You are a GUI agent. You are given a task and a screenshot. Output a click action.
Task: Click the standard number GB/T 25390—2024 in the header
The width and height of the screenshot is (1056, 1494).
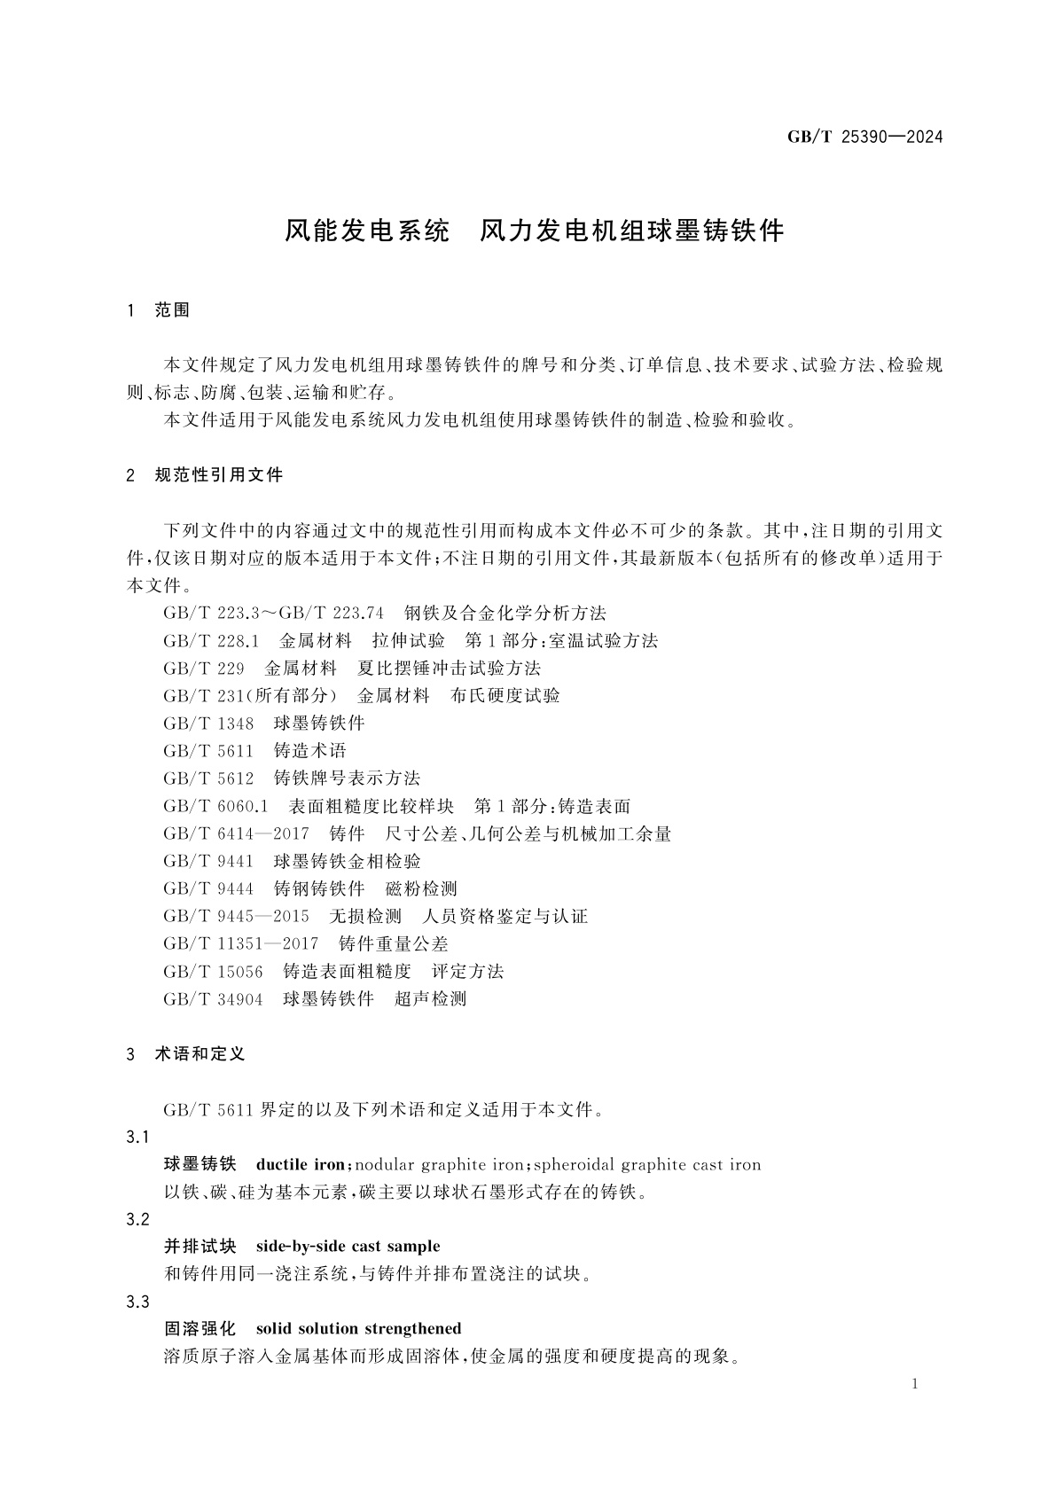click(x=864, y=137)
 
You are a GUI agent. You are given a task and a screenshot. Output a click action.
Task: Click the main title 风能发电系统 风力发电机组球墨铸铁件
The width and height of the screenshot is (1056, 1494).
click(x=535, y=231)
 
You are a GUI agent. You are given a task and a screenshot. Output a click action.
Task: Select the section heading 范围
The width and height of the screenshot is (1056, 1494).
click(x=173, y=310)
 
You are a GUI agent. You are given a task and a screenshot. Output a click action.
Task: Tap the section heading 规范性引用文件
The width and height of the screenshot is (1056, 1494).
click(x=218, y=475)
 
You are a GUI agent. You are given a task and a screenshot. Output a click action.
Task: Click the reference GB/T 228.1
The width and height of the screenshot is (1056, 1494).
click(x=211, y=641)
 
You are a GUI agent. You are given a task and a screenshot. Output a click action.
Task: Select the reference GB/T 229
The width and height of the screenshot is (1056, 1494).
click(x=203, y=669)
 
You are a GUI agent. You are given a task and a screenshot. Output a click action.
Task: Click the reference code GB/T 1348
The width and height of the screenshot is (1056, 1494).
click(x=208, y=724)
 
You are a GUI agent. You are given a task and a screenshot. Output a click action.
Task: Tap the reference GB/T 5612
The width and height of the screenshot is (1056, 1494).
click(x=208, y=778)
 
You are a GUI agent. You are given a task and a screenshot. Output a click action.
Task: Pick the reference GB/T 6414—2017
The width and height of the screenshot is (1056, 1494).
click(x=236, y=833)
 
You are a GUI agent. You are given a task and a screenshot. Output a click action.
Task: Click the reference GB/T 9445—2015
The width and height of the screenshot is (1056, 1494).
click(x=236, y=916)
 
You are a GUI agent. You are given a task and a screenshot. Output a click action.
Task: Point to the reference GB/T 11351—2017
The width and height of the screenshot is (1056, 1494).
click(x=240, y=943)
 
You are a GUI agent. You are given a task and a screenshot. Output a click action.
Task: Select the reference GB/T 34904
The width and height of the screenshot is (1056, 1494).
click(x=213, y=999)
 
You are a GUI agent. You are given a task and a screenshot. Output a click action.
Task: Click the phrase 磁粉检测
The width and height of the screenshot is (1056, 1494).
click(x=422, y=888)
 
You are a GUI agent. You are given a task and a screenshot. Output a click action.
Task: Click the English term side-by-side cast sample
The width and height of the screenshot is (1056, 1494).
click(x=348, y=1247)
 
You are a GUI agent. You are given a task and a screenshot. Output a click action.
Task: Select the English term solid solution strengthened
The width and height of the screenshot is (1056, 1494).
click(x=358, y=1329)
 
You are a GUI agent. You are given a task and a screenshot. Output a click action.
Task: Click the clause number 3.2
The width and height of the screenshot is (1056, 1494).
click(x=138, y=1219)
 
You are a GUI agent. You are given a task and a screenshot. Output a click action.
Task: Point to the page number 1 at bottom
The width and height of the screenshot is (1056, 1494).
click(x=915, y=1384)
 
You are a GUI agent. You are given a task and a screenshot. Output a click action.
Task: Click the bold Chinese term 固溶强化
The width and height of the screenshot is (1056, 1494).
click(x=200, y=1329)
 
